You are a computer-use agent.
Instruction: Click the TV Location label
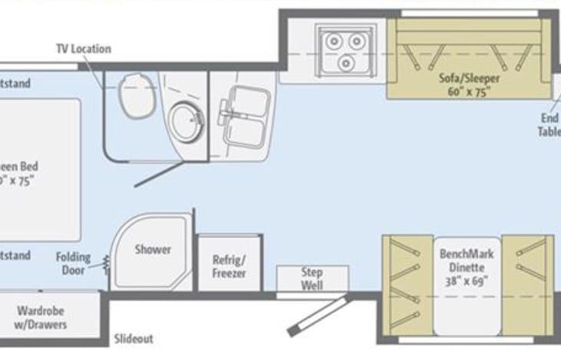pyautogui.click(x=83, y=49)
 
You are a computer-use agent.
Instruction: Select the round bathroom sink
pyautogui.click(x=186, y=119)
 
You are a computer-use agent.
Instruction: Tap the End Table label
pyautogui.click(x=549, y=124)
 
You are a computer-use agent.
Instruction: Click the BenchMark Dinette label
pyautogui.click(x=467, y=259)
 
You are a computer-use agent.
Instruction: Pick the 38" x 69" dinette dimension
pyautogui.click(x=467, y=280)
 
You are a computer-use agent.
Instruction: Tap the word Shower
pyautogui.click(x=153, y=249)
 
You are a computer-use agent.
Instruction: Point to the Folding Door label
pyautogui.click(x=74, y=263)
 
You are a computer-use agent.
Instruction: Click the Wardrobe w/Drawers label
pyautogui.click(x=41, y=318)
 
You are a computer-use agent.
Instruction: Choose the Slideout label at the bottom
pyautogui.click(x=134, y=339)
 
